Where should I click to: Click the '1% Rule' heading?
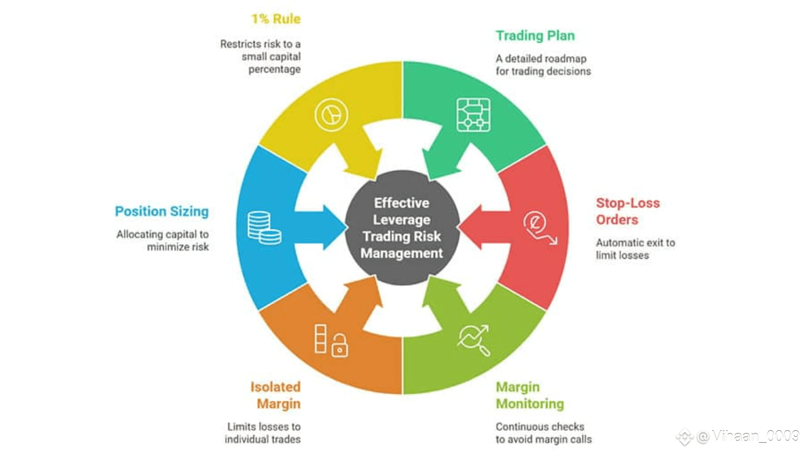click(275, 19)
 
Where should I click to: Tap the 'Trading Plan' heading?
click(535, 35)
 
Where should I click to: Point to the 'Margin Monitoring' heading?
click(530, 395)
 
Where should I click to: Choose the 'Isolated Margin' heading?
click(275, 395)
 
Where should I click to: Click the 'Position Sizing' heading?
click(162, 211)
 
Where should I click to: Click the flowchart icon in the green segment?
click(473, 115)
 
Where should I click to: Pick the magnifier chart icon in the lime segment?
click(474, 340)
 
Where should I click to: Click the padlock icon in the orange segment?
click(340, 345)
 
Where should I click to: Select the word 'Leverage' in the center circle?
click(402, 220)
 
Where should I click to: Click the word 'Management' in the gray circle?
click(402, 254)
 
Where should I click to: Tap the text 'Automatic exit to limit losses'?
click(635, 249)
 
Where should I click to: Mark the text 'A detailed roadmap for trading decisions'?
click(543, 65)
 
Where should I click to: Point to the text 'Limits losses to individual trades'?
click(262, 433)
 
